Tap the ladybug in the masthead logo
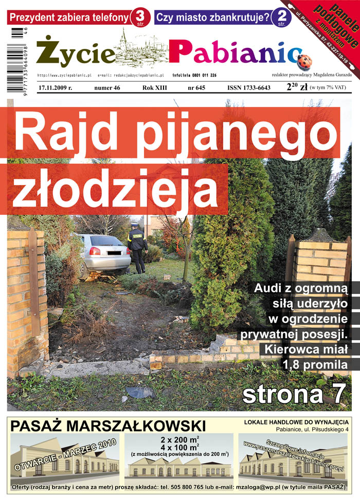[304, 61]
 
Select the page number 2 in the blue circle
[280, 16]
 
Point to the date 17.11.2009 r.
[55, 88]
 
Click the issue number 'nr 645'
[196, 88]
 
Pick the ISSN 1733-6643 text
[249, 88]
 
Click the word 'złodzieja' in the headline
[115, 190]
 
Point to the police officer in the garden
[137, 247]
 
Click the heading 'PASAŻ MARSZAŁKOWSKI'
[108, 426]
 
